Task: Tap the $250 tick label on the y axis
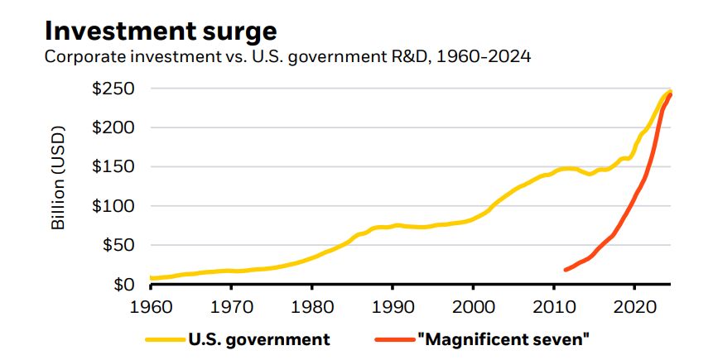pos(113,89)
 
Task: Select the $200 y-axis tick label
pos(113,127)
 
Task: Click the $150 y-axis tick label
pos(114,166)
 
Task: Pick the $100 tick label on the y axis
pos(114,206)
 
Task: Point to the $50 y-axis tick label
pos(118,245)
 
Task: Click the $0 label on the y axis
pos(127,285)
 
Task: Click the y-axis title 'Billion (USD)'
pos(59,187)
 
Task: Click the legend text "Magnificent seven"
pos(503,339)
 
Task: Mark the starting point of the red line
pos(566,270)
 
